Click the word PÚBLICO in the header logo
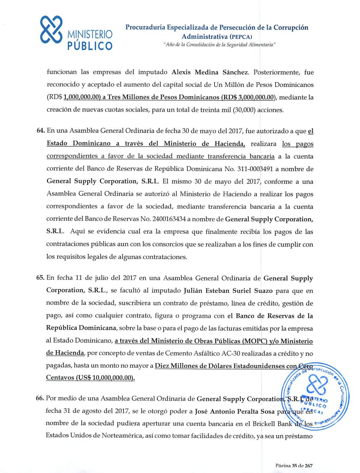(x=89, y=46)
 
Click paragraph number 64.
(x=41, y=131)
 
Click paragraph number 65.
(x=41, y=278)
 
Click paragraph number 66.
(x=40, y=399)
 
